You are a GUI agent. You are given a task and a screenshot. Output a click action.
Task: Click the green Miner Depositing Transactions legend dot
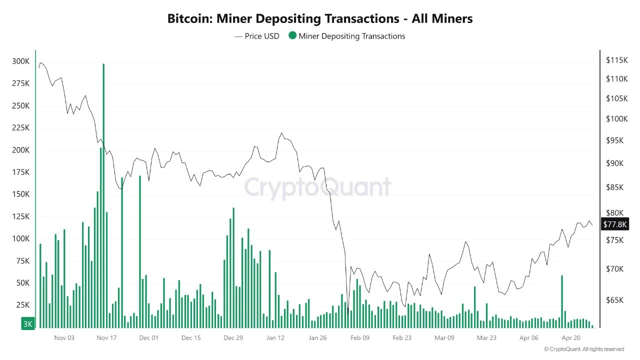(x=292, y=36)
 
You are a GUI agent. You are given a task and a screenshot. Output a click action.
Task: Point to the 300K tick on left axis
(x=20, y=61)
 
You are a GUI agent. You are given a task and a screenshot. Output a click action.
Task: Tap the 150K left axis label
(x=20, y=194)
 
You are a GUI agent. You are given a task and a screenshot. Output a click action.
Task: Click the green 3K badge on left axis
(x=27, y=324)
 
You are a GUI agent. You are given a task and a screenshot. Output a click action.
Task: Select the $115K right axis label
(x=616, y=60)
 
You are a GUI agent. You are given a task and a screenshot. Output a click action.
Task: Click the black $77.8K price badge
(x=614, y=224)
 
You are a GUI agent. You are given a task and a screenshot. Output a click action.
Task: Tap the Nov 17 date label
(x=106, y=338)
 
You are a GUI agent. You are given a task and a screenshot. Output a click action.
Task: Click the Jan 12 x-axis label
(x=275, y=338)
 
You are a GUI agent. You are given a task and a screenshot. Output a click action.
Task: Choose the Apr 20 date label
(x=570, y=338)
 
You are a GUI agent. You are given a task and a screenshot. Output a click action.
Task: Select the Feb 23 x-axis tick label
(x=402, y=338)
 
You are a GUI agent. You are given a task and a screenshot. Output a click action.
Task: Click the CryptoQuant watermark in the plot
(x=317, y=187)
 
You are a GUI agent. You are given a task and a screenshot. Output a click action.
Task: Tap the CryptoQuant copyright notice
(x=584, y=349)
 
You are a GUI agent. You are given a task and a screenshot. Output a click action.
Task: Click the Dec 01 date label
(x=148, y=338)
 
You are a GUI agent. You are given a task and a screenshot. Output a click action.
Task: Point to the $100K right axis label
(x=616, y=119)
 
